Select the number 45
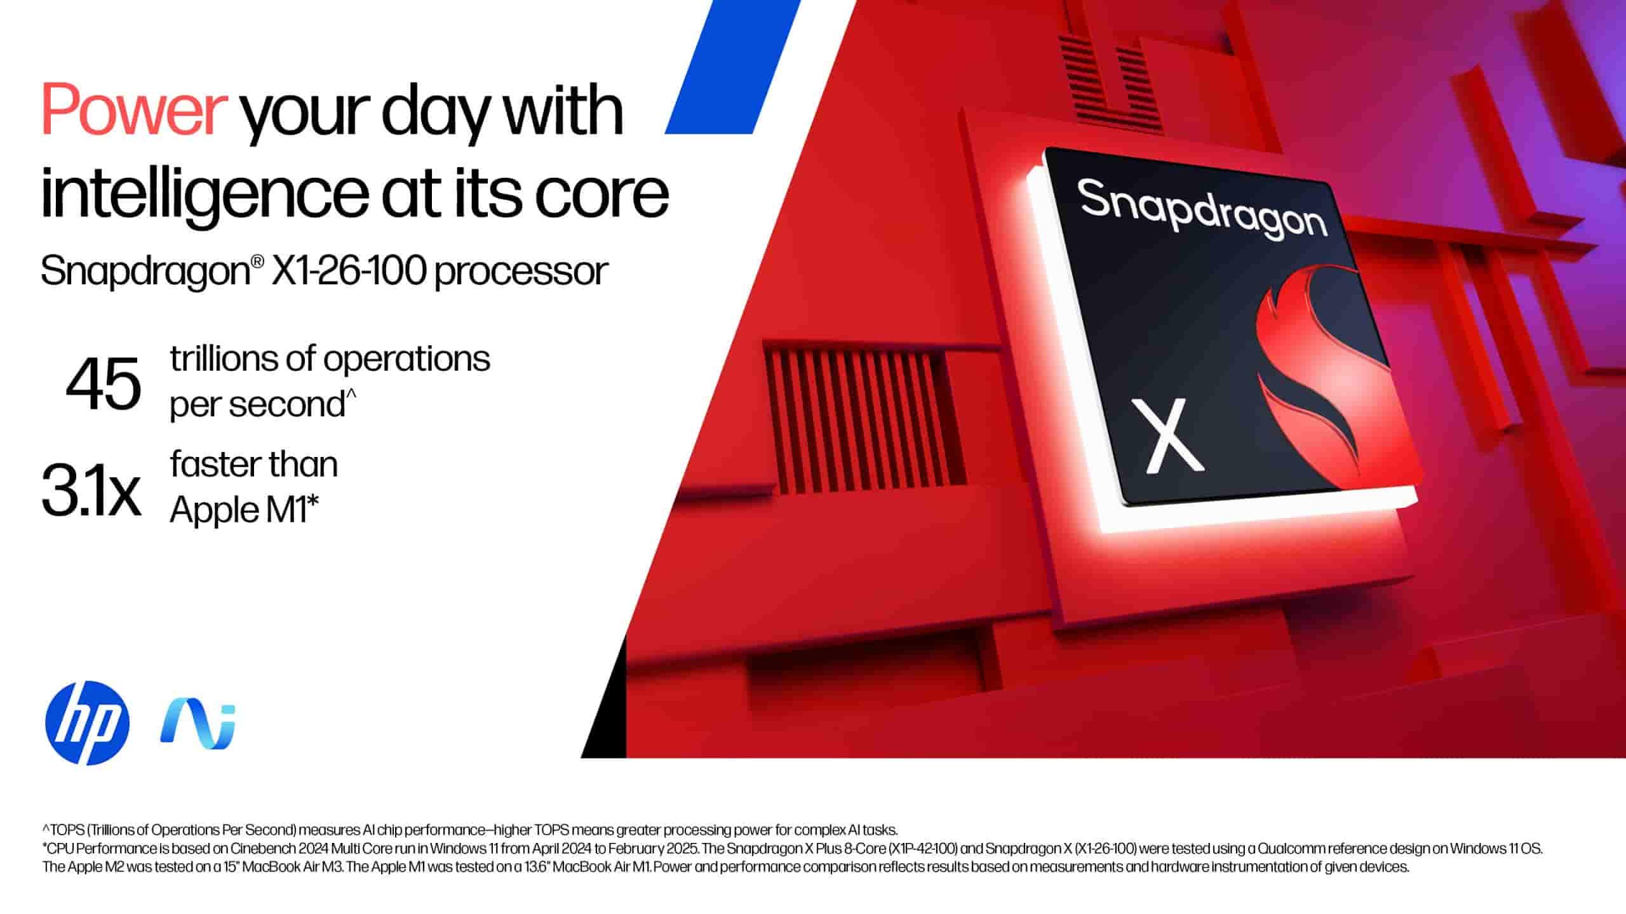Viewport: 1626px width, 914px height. click(x=104, y=383)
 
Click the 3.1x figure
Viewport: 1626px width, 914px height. click(x=91, y=489)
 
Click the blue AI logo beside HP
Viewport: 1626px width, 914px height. click(x=198, y=725)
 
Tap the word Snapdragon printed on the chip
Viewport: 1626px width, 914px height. click(x=1203, y=209)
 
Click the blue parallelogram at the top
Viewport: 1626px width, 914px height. click(x=732, y=67)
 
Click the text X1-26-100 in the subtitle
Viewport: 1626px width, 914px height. click(x=348, y=272)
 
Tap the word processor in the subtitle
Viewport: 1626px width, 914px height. click(x=521, y=274)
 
